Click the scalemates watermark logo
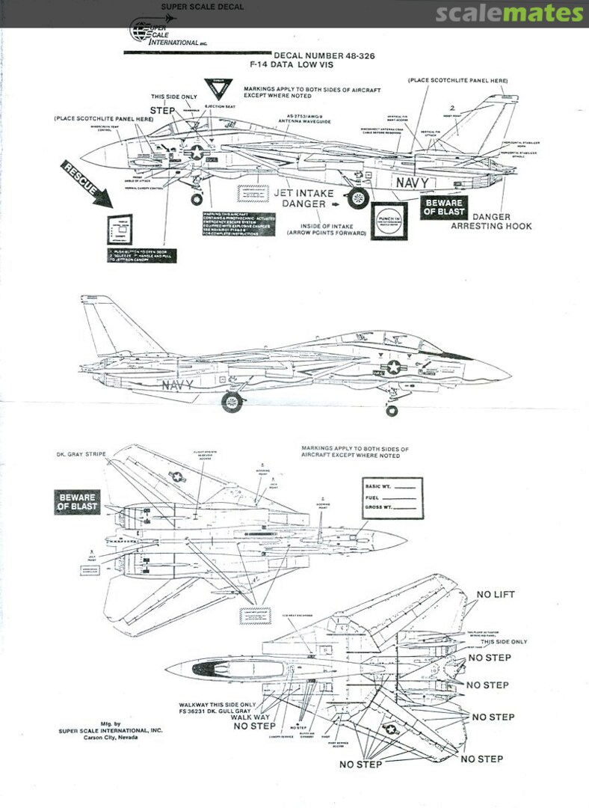(x=508, y=13)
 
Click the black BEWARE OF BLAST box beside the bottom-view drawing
(x=78, y=502)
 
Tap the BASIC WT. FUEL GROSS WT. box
(x=392, y=498)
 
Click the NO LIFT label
(x=496, y=595)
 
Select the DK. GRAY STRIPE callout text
(x=81, y=454)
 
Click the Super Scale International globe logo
(x=141, y=31)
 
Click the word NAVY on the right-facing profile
(x=176, y=385)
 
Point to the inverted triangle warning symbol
(x=218, y=89)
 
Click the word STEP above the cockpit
(x=162, y=110)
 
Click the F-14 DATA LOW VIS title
(x=292, y=65)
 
